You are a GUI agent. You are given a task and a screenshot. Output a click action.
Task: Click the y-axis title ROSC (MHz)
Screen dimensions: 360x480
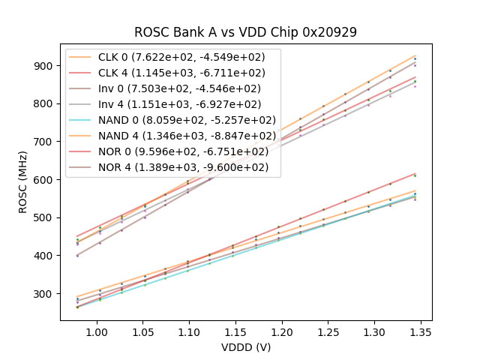[23, 181]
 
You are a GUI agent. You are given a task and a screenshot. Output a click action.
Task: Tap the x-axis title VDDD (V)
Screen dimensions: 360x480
[245, 347]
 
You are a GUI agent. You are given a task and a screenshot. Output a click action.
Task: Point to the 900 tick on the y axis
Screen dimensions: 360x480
[45, 66]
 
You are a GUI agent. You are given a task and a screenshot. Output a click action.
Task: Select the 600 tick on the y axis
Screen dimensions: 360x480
[45, 180]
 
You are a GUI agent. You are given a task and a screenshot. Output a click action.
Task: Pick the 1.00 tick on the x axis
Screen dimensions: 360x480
[95, 331]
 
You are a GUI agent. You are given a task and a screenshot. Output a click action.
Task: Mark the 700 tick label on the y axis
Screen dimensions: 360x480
[45, 142]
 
